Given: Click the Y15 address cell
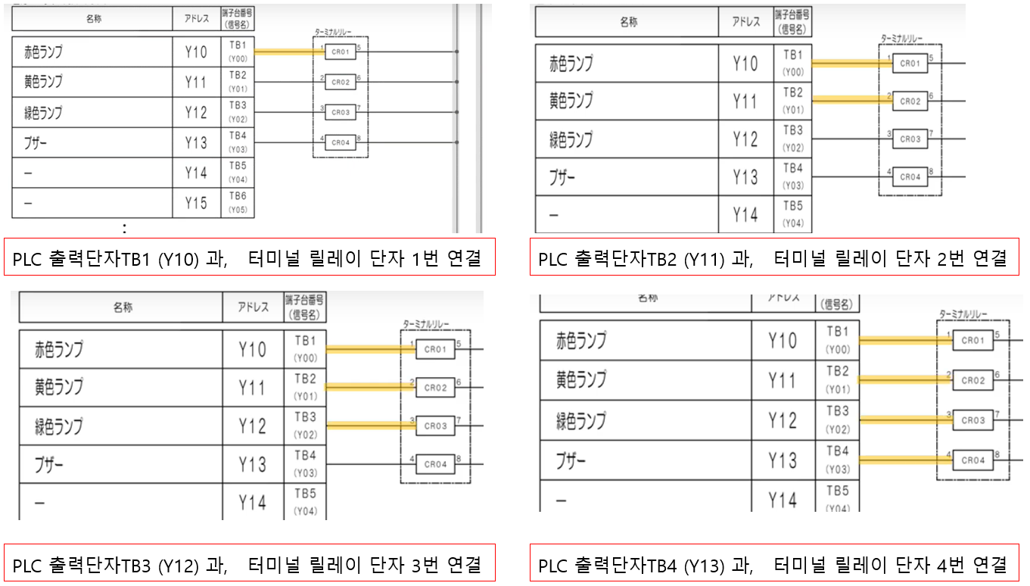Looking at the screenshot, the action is pos(196,203).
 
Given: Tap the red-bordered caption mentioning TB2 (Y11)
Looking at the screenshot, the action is pos(773,258).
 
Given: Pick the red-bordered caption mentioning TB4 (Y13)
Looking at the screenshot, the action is pos(773,564).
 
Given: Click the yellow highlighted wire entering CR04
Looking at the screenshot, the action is pos(905,459).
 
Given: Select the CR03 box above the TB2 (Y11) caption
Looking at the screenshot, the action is pos(910,139).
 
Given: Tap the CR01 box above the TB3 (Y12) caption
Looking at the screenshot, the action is pos(435,349).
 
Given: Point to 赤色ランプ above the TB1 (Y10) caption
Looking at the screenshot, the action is pos(43,52).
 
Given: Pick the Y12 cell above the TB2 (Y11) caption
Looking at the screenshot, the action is pos(745,139).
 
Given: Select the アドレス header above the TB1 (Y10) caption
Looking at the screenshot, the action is pos(196,20).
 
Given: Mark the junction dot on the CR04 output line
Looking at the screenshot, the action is pos(456,142).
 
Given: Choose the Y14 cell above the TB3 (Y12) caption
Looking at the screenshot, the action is pos(253,502).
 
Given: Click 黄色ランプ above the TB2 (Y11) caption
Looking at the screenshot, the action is pos(571,100).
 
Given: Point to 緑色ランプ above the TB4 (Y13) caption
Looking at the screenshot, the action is pos(581,420).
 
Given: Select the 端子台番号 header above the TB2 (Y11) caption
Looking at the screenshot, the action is pos(792,22).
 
